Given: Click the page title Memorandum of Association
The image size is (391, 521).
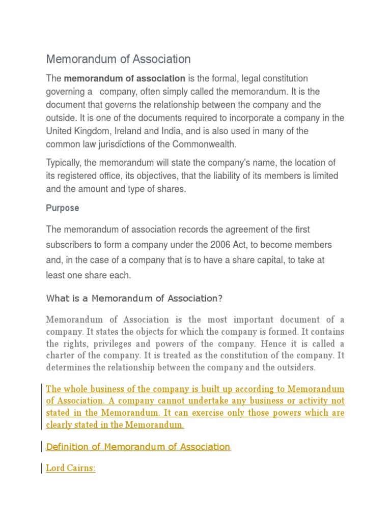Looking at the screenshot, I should pos(118,59).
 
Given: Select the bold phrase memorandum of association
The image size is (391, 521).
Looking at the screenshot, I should pos(124,78).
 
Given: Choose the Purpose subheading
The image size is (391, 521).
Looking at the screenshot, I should pos(63,208).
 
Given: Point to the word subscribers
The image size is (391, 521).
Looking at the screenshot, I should pos(70,245).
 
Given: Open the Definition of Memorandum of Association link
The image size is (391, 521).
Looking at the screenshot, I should pos(138,447).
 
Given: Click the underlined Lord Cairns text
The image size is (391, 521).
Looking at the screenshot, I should pos(71,468).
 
